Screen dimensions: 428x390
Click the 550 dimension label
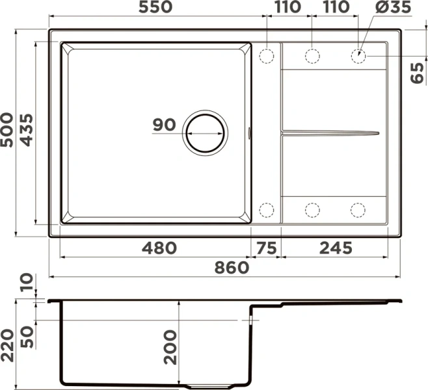click(x=155, y=6)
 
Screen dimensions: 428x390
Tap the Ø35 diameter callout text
click(x=393, y=6)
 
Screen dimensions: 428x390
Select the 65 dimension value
click(x=418, y=73)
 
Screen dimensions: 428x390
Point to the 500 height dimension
click(x=7, y=130)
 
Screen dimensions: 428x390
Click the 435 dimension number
click(x=27, y=130)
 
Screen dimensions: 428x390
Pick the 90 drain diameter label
click(x=164, y=125)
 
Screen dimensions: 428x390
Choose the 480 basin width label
click(x=159, y=248)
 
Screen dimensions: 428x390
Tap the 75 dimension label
click(x=267, y=248)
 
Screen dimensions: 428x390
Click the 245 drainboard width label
click(x=336, y=248)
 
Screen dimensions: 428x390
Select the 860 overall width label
click(x=232, y=268)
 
